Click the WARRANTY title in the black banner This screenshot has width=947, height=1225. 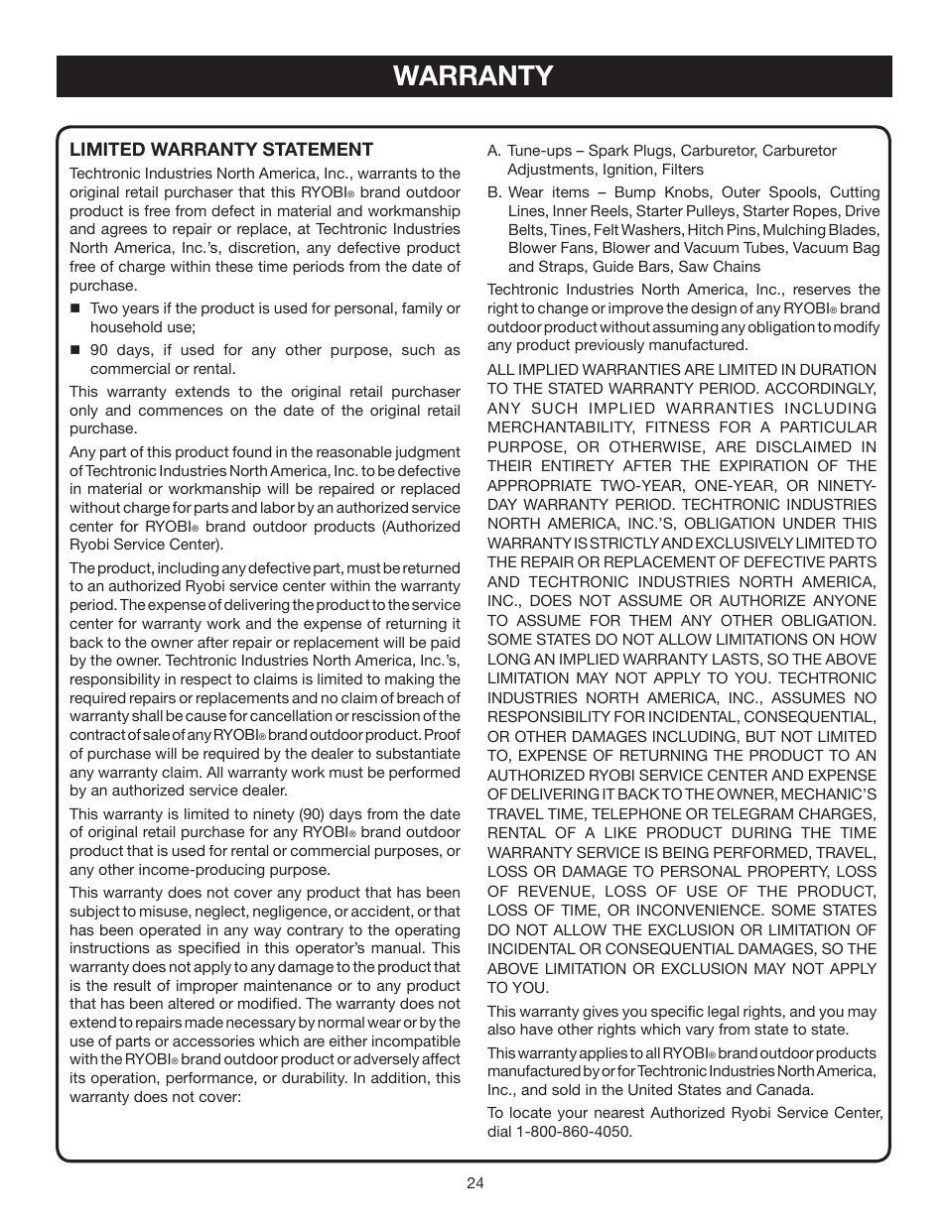point(473,76)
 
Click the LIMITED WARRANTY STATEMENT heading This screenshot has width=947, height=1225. point(220,150)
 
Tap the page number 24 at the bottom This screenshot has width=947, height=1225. point(473,1181)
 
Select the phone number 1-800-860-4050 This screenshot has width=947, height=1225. point(573,1131)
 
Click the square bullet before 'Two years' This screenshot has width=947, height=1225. point(74,308)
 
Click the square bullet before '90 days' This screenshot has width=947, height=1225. point(74,350)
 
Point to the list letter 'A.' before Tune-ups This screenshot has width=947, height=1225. point(494,151)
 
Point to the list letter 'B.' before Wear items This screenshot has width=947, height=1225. point(494,192)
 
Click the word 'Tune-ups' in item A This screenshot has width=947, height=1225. point(538,151)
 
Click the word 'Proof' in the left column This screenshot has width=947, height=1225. point(442,735)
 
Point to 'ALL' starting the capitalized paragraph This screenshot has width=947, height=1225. point(500,370)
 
